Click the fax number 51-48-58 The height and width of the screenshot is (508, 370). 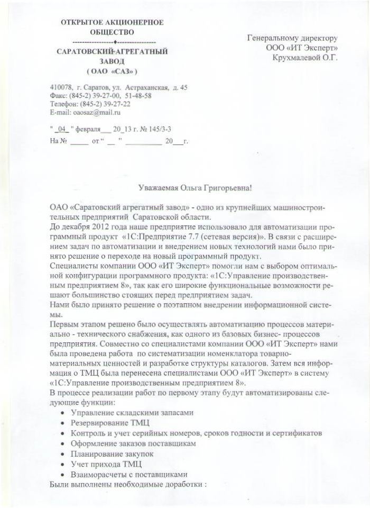[x=137, y=96]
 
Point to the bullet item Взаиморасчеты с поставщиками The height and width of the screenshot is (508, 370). [x=129, y=474]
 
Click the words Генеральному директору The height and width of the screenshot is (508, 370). [x=292, y=38]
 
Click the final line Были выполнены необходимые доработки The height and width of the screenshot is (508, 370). [x=127, y=484]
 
